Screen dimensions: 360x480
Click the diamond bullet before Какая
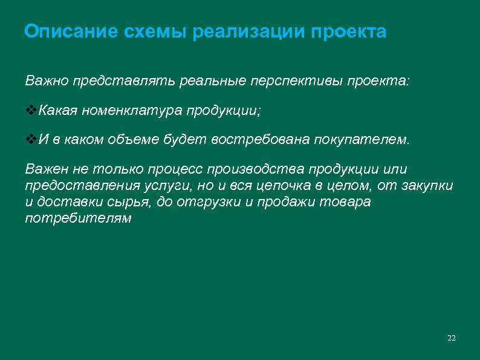coord(30,110)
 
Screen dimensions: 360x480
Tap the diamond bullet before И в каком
coord(30,140)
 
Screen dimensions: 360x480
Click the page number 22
coord(451,338)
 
